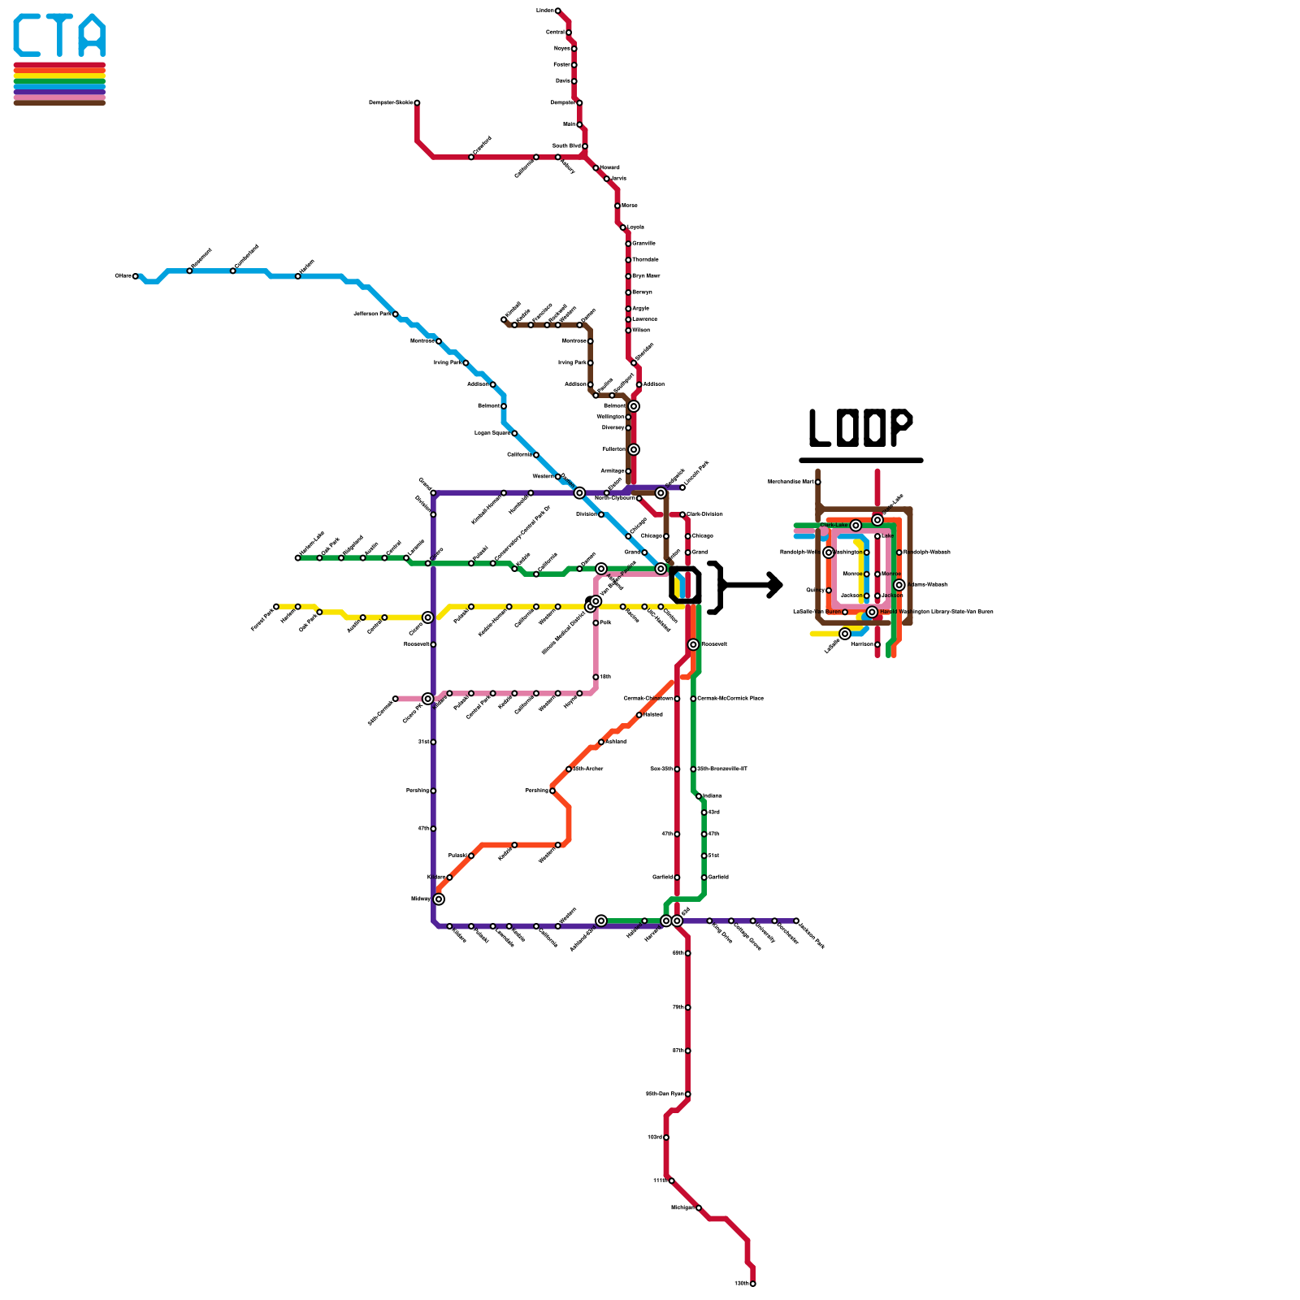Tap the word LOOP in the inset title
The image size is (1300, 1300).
click(x=860, y=427)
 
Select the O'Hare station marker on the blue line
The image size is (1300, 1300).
click(x=136, y=276)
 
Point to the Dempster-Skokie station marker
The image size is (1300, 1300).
click(x=417, y=103)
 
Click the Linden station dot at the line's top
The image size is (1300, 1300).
click(x=557, y=11)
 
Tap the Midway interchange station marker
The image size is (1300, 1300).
click(x=439, y=899)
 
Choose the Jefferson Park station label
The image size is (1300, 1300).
click(x=372, y=314)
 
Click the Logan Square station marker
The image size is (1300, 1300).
click(x=514, y=433)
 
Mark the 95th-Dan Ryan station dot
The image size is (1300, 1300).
click(x=687, y=1094)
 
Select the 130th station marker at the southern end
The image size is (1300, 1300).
click(x=752, y=1284)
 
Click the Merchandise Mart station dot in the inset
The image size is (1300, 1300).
click(x=817, y=482)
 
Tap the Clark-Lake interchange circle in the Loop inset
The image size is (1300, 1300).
click(x=856, y=526)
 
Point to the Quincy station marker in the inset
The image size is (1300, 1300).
click(x=828, y=591)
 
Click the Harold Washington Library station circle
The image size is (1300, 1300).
click(x=872, y=612)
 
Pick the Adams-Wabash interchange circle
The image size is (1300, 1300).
click(x=899, y=585)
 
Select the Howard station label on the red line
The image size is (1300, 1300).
click(x=610, y=167)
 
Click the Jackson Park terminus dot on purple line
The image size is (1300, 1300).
click(x=796, y=921)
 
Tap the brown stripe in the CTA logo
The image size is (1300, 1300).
click(x=59, y=102)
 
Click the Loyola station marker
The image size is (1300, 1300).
click(x=623, y=227)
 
